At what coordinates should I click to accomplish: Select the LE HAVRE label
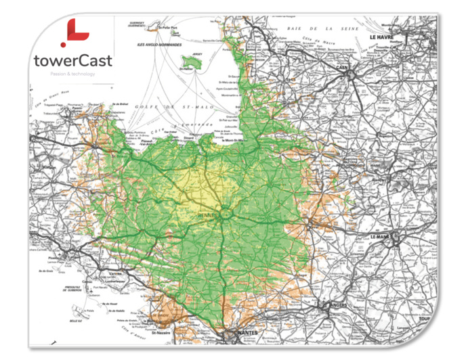[382, 38]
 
